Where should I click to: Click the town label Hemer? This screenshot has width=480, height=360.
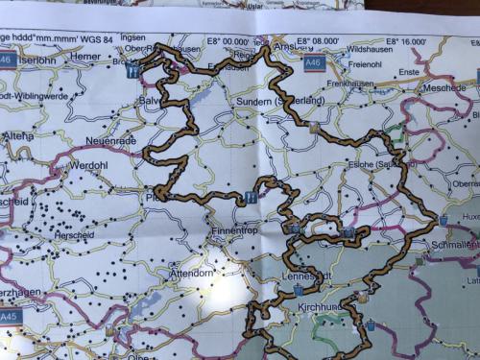pos(84,59)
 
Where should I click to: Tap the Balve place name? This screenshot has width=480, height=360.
pos(153,100)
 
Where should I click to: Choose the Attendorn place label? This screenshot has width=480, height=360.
pos(191,274)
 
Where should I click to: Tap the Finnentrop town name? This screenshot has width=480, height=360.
pos(236,232)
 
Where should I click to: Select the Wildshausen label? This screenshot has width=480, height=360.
pos(371,47)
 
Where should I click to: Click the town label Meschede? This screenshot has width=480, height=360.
pos(443,86)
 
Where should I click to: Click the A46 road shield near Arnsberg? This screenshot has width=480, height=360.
pos(313,62)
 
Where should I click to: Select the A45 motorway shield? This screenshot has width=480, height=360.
pos(10,315)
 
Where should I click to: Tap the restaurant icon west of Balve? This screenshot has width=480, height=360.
pos(133,70)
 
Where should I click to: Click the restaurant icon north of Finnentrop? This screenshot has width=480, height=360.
pos(251,198)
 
